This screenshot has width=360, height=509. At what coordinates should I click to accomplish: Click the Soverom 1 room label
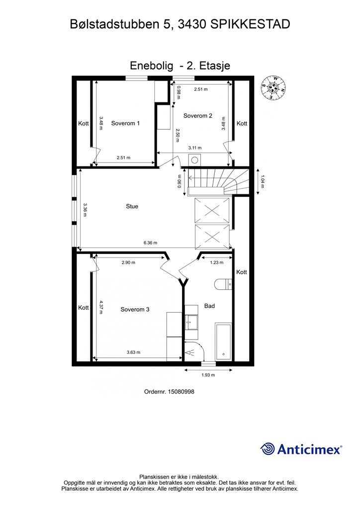click(125, 123)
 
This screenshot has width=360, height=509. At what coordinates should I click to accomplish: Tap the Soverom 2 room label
click(198, 116)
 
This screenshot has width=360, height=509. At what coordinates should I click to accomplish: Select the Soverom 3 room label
click(135, 309)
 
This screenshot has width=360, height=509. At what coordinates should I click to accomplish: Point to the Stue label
click(132, 206)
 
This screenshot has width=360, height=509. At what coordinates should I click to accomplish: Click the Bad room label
click(209, 306)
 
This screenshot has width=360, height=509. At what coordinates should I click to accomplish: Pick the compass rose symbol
click(273, 88)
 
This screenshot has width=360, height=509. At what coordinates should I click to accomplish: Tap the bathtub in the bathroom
click(223, 342)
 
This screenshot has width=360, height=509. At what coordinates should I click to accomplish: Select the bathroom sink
click(191, 323)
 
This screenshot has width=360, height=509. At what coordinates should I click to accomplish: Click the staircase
click(217, 182)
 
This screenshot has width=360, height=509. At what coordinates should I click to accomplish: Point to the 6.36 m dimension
click(150, 243)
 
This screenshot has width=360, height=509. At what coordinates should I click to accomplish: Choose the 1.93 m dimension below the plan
click(208, 375)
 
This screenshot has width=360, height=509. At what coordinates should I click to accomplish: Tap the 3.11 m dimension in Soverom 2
click(195, 148)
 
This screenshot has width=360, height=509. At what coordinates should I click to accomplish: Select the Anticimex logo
click(301, 449)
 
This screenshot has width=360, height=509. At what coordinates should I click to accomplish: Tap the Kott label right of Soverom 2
click(242, 123)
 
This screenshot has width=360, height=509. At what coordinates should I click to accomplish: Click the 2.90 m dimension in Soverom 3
click(128, 263)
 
